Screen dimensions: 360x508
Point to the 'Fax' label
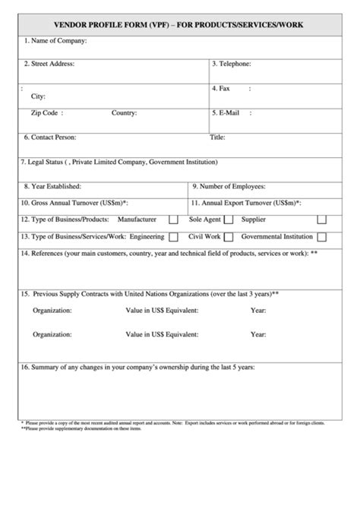pyautogui.click(x=224, y=88)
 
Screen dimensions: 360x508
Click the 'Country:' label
pyautogui.click(x=124, y=113)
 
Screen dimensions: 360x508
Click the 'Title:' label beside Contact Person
pyautogui.click(x=217, y=137)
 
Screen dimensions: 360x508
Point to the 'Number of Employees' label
pyautogui.click(x=235, y=186)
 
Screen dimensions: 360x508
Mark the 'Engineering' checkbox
pyautogui.click(x=174, y=238)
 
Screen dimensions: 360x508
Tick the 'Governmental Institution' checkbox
pyautogui.click(x=322, y=238)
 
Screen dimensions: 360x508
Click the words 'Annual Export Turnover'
pyautogui.click(x=239, y=204)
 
